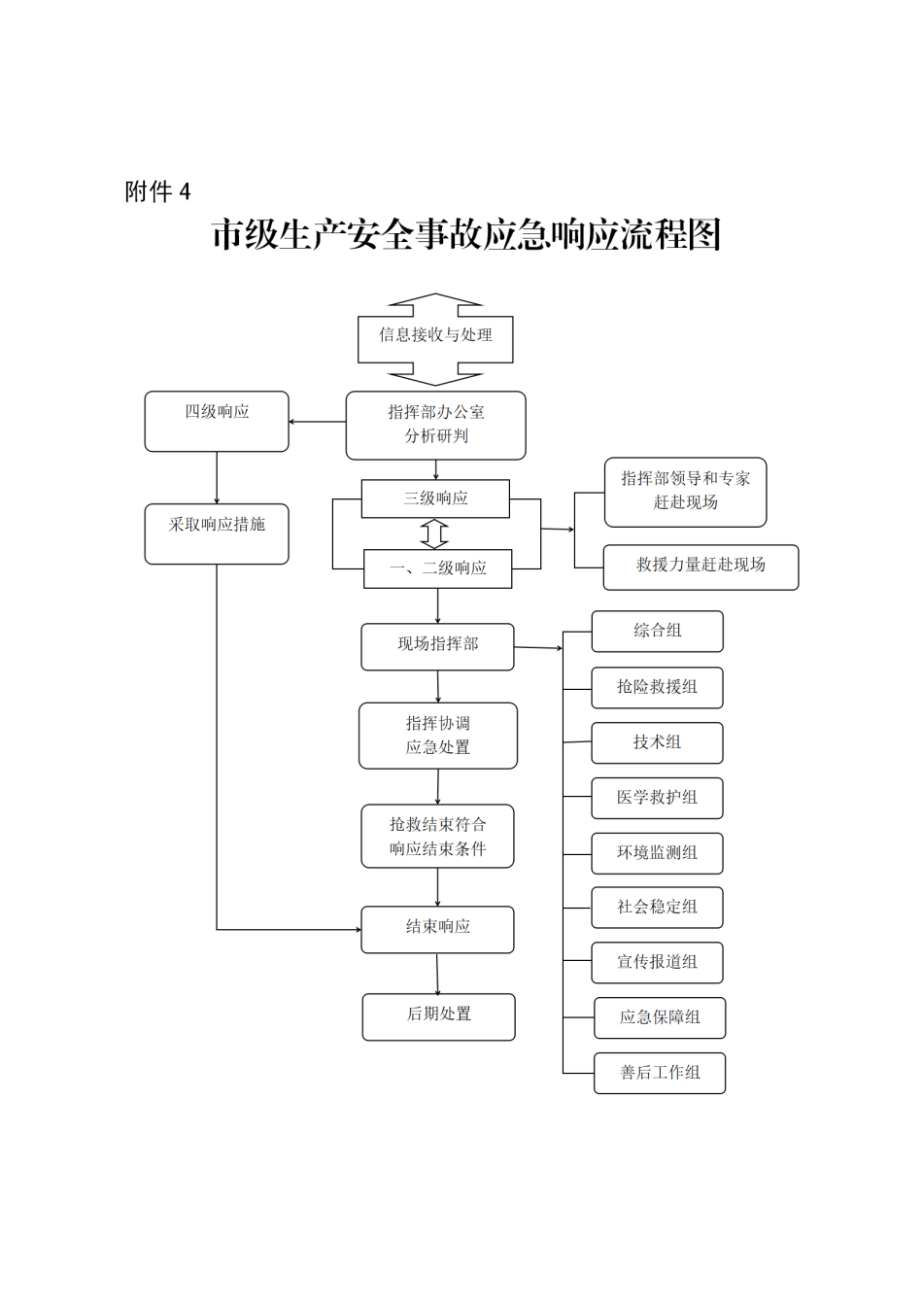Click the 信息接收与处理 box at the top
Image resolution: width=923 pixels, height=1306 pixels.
(x=435, y=336)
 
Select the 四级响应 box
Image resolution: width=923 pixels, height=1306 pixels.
(x=217, y=421)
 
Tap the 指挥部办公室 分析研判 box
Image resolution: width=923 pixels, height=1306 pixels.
(x=435, y=425)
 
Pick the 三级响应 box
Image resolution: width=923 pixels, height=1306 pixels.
(x=435, y=498)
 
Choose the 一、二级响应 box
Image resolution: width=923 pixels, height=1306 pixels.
(x=437, y=568)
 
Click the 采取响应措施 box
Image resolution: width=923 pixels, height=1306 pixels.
(x=217, y=533)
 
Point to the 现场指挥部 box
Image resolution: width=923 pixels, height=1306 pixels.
(x=437, y=646)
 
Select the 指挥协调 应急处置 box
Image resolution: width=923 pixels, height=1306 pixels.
(x=437, y=736)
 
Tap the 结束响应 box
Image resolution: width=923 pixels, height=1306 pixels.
(x=437, y=929)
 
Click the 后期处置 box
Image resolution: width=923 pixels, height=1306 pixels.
(x=438, y=1016)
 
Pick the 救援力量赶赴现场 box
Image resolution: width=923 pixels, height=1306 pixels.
(x=701, y=567)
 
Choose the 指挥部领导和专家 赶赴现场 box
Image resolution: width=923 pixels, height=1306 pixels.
(x=685, y=492)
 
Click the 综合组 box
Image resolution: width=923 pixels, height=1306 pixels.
(x=657, y=632)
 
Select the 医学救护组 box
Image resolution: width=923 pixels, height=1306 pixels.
(x=657, y=798)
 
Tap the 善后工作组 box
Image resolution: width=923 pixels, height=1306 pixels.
(x=660, y=1073)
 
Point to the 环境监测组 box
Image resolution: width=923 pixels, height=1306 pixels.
(x=657, y=853)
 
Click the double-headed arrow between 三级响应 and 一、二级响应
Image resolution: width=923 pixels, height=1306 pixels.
(x=434, y=533)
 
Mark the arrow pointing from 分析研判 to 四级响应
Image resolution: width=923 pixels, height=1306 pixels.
(x=317, y=422)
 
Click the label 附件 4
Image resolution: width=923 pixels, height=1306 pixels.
(x=157, y=191)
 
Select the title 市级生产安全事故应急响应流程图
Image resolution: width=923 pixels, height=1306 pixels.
(x=466, y=235)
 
